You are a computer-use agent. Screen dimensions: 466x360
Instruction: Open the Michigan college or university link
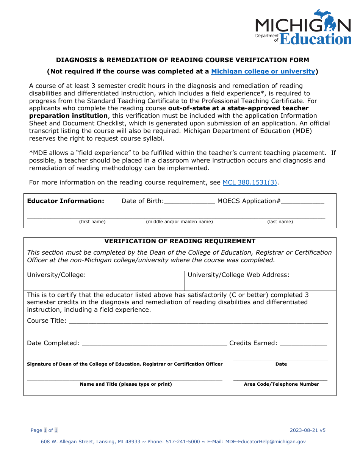click(x=263, y=71)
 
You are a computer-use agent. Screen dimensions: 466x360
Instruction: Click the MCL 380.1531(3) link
click(x=250, y=182)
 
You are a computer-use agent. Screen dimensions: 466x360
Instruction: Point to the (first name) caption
click(x=92, y=222)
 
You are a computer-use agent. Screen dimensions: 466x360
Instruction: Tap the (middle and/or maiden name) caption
click(x=179, y=222)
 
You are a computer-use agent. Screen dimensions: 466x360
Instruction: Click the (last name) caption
click(x=280, y=222)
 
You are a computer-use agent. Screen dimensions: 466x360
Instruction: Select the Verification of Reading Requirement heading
click(x=180, y=241)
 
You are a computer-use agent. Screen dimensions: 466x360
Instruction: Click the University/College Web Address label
click(x=238, y=275)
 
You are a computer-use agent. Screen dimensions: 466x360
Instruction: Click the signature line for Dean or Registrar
click(x=125, y=359)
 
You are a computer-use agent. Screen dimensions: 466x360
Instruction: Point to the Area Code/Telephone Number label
click(x=281, y=384)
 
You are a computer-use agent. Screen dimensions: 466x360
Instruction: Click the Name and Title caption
click(x=126, y=384)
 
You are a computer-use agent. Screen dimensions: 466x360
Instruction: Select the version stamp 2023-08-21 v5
click(x=308, y=430)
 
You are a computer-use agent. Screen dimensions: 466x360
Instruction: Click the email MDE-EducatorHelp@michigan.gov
click(x=265, y=441)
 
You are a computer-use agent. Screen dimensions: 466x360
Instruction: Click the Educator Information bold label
click(x=66, y=201)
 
